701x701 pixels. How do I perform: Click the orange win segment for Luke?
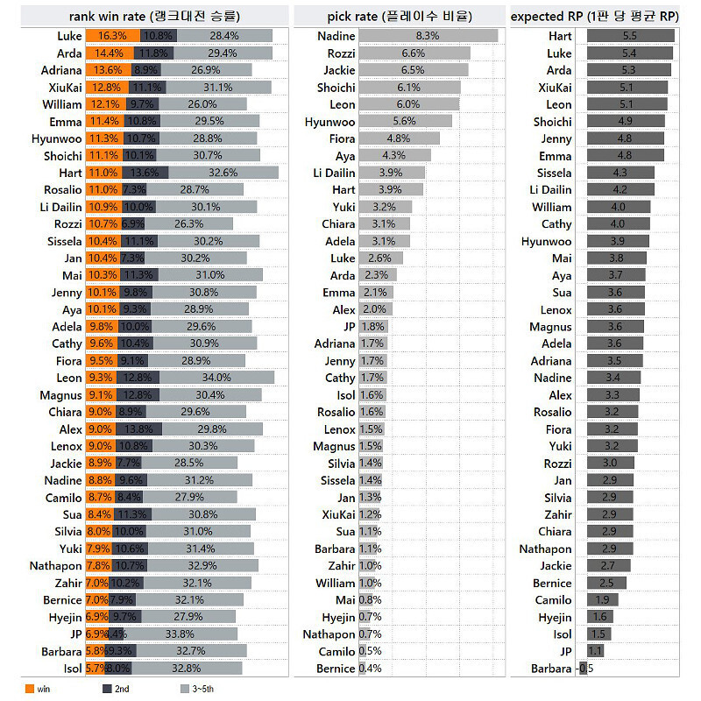(112, 36)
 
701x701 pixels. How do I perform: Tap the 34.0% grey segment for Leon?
(216, 378)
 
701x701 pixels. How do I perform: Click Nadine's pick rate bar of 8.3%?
(428, 36)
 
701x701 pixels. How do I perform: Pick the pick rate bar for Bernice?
(363, 669)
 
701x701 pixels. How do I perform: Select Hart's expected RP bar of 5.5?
(630, 36)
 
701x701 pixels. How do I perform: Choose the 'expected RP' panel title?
(605, 16)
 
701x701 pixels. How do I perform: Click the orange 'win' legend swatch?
(29, 689)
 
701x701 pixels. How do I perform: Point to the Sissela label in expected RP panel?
(554, 173)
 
